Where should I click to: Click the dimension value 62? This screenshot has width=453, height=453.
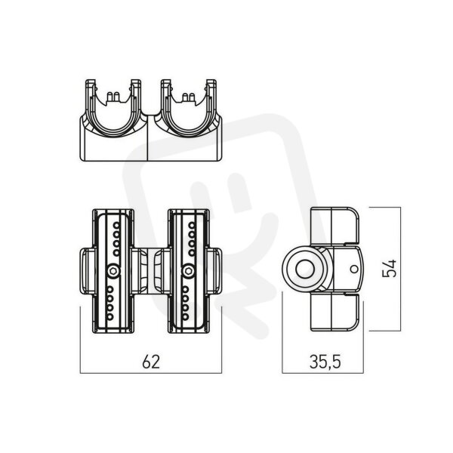click(x=151, y=362)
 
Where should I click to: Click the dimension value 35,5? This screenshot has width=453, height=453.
click(x=325, y=362)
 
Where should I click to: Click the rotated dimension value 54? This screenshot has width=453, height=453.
click(x=389, y=269)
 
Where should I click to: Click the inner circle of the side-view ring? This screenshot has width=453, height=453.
click(x=305, y=269)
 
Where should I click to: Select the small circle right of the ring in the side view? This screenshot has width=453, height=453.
click(x=354, y=269)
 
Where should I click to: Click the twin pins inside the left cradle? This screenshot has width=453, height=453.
click(x=113, y=97)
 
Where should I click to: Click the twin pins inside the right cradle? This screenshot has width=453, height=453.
click(x=188, y=97)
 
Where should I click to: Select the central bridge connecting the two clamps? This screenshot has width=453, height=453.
click(x=150, y=271)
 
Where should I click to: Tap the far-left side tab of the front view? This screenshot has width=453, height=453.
click(x=86, y=271)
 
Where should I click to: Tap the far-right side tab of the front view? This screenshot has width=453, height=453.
click(x=215, y=271)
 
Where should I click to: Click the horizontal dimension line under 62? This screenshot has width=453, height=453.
click(x=151, y=373)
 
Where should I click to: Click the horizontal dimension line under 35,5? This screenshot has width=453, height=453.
click(x=322, y=373)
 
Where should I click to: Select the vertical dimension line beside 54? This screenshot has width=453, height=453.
click(x=400, y=269)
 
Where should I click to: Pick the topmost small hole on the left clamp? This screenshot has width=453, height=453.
click(x=116, y=225)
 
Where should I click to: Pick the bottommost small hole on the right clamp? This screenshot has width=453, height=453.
click(x=185, y=317)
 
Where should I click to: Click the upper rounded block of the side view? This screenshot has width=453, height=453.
click(x=334, y=226)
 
